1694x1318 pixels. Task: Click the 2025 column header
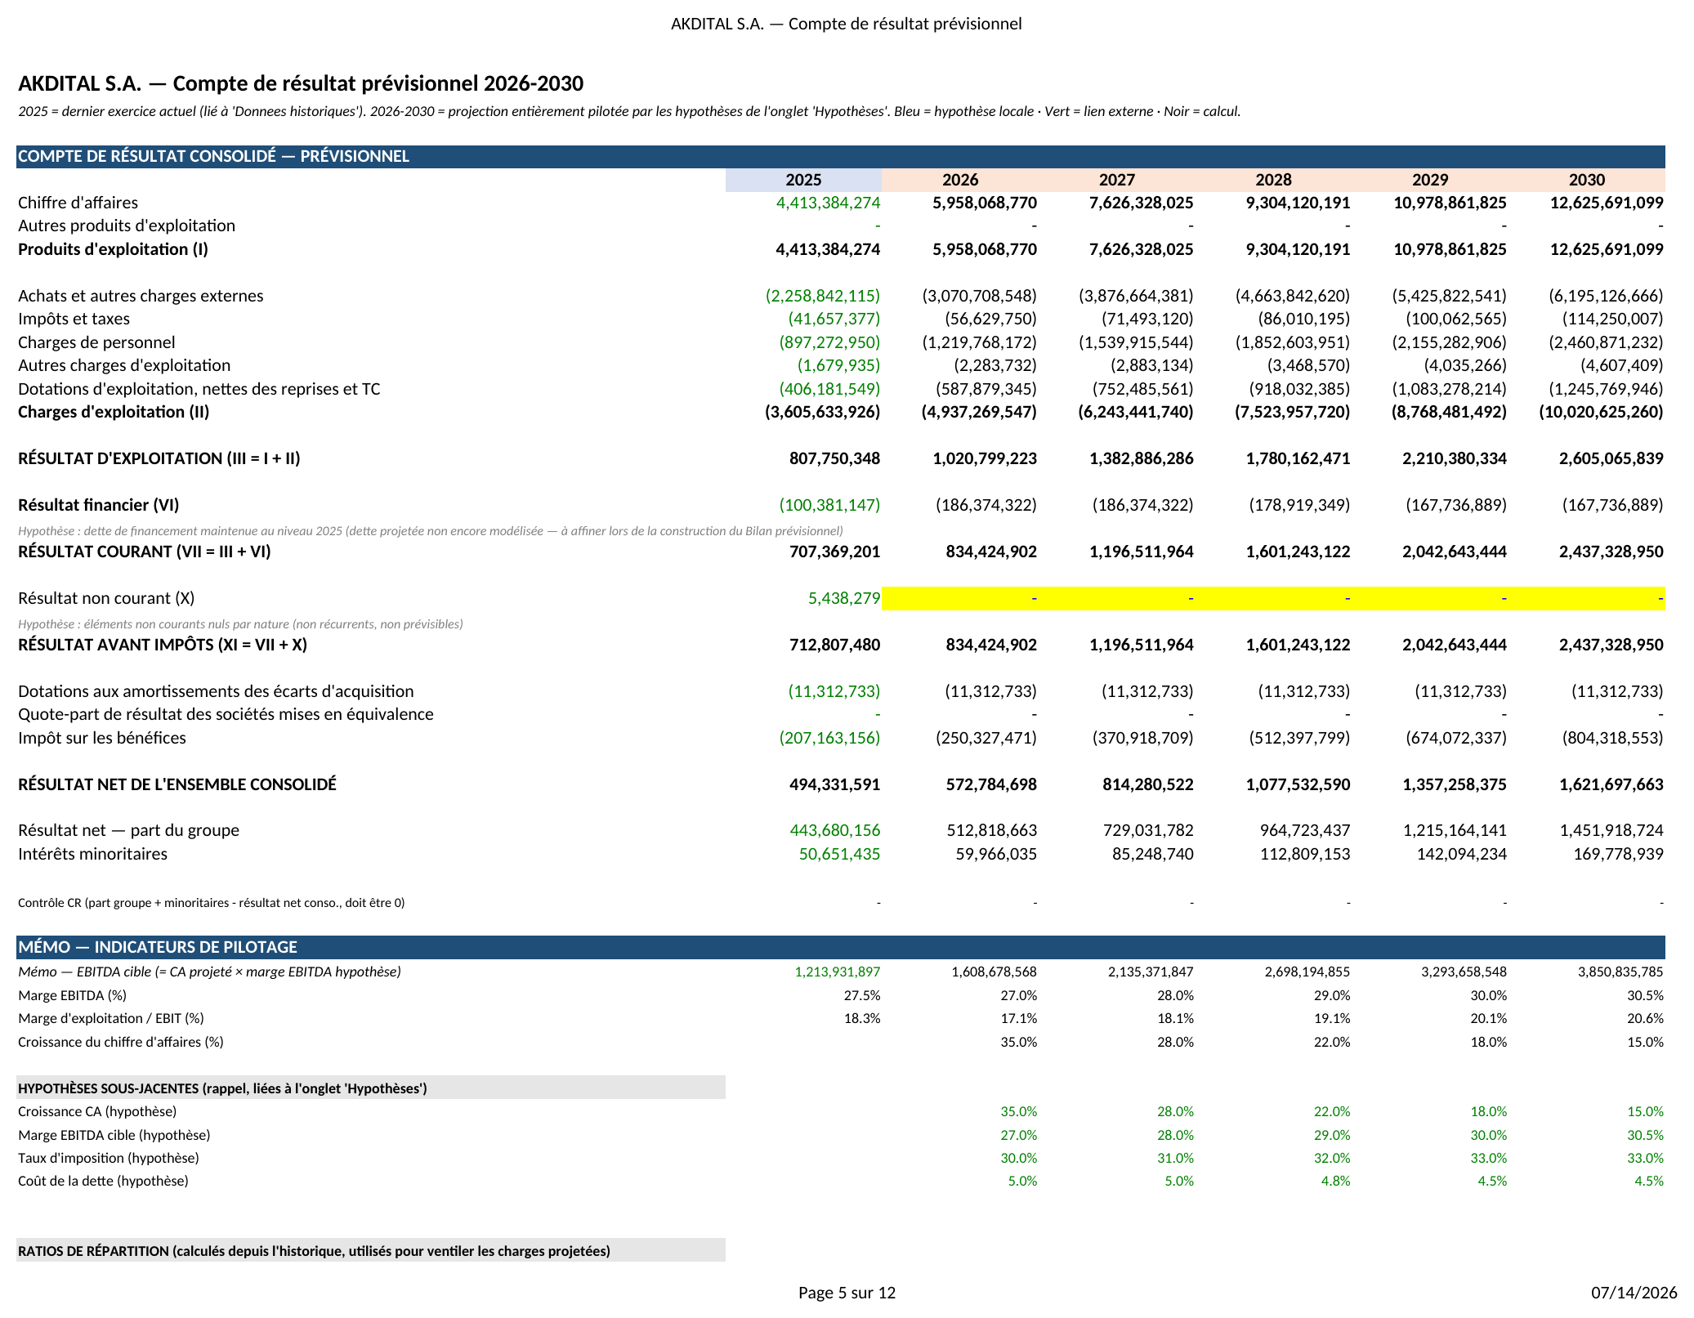point(803,180)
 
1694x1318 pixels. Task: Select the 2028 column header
point(1273,180)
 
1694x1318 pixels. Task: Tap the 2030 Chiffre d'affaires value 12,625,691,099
point(1607,203)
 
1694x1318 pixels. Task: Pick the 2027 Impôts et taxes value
point(1147,319)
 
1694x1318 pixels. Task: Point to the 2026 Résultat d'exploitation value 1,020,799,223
point(985,458)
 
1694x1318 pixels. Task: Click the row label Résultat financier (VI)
point(98,505)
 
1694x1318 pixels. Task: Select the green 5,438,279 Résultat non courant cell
point(844,598)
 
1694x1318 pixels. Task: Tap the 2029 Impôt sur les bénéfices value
point(1456,738)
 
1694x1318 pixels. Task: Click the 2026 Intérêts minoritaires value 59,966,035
point(996,854)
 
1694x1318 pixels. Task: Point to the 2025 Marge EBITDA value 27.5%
point(862,995)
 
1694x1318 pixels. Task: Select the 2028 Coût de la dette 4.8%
point(1335,1181)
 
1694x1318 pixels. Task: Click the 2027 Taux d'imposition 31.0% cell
point(1175,1158)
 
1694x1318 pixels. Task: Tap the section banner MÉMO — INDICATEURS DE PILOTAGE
point(158,947)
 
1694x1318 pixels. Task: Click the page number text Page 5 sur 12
point(847,1293)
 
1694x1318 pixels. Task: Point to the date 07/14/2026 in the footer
point(1634,1293)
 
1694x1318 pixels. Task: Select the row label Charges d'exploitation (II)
point(114,412)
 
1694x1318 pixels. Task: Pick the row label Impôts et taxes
point(74,319)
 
